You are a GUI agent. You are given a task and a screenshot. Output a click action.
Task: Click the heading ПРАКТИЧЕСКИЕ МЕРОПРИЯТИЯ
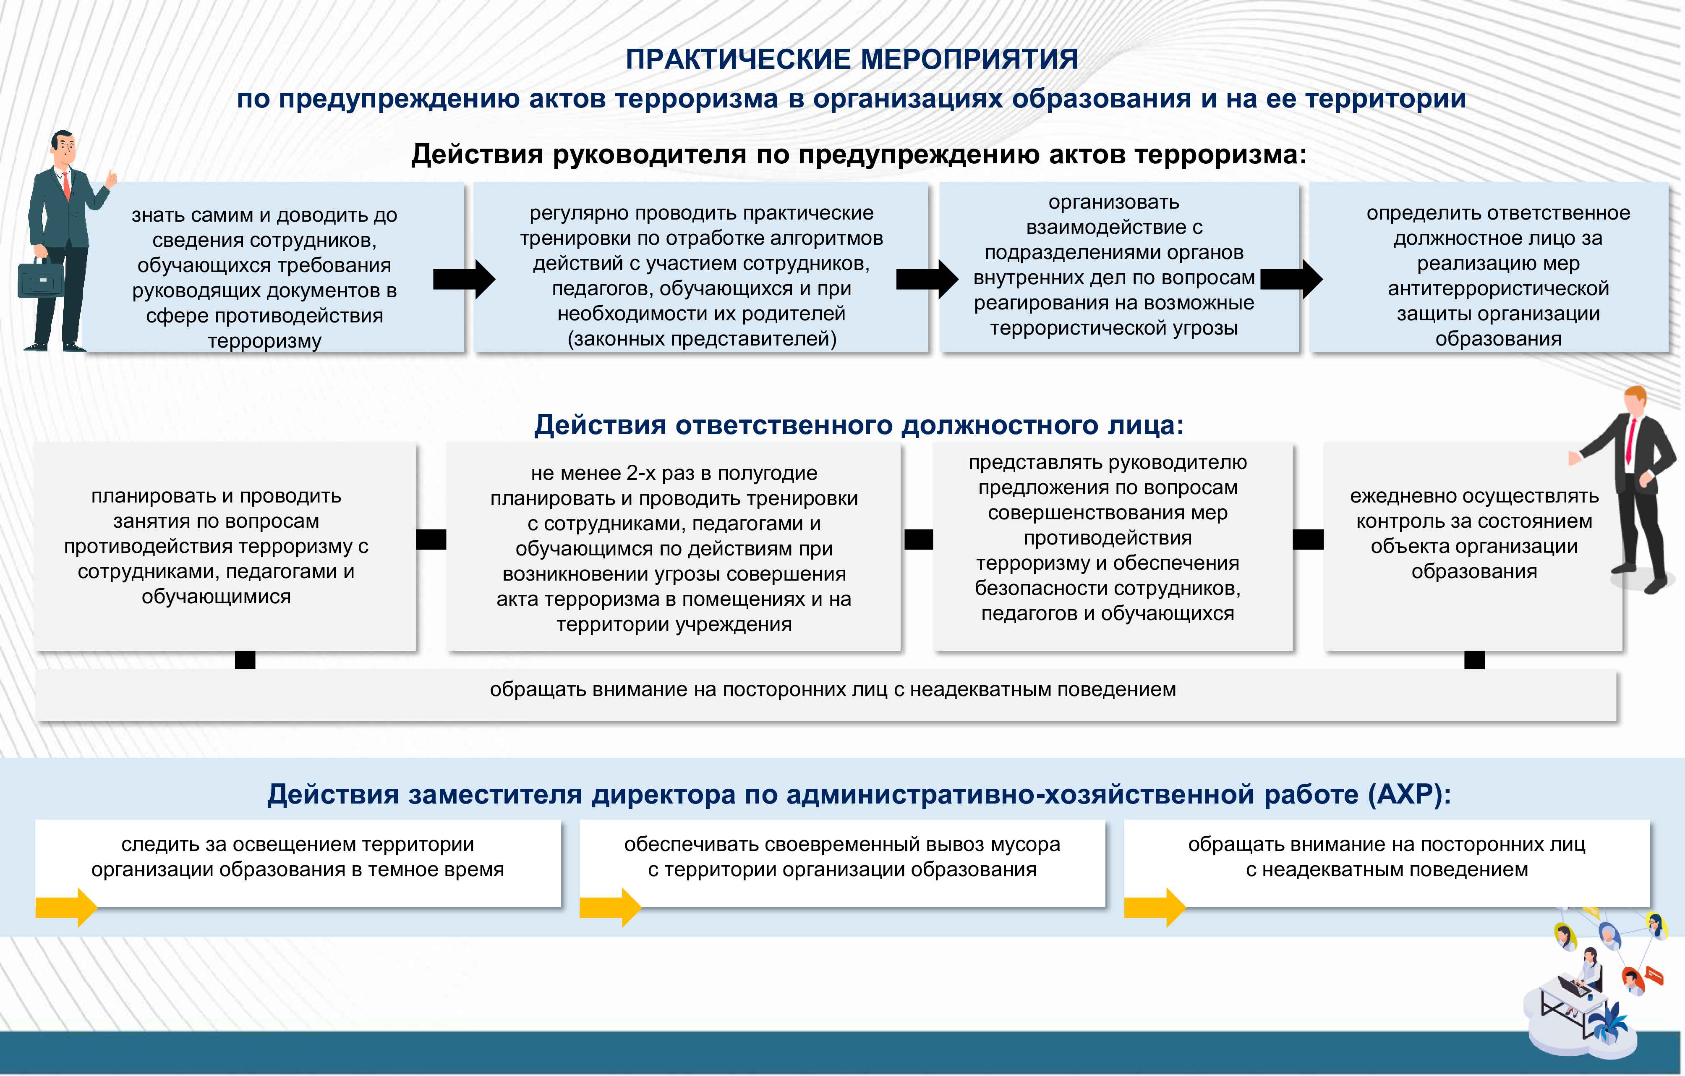[851, 60]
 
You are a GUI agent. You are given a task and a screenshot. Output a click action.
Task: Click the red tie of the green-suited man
[66, 186]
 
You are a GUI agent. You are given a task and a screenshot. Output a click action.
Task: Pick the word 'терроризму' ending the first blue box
[264, 341]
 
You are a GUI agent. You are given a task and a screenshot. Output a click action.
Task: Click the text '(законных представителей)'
[701, 339]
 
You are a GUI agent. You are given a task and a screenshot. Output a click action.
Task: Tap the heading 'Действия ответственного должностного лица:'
[859, 425]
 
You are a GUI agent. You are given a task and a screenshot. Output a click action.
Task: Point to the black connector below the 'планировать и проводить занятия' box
[245, 660]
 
